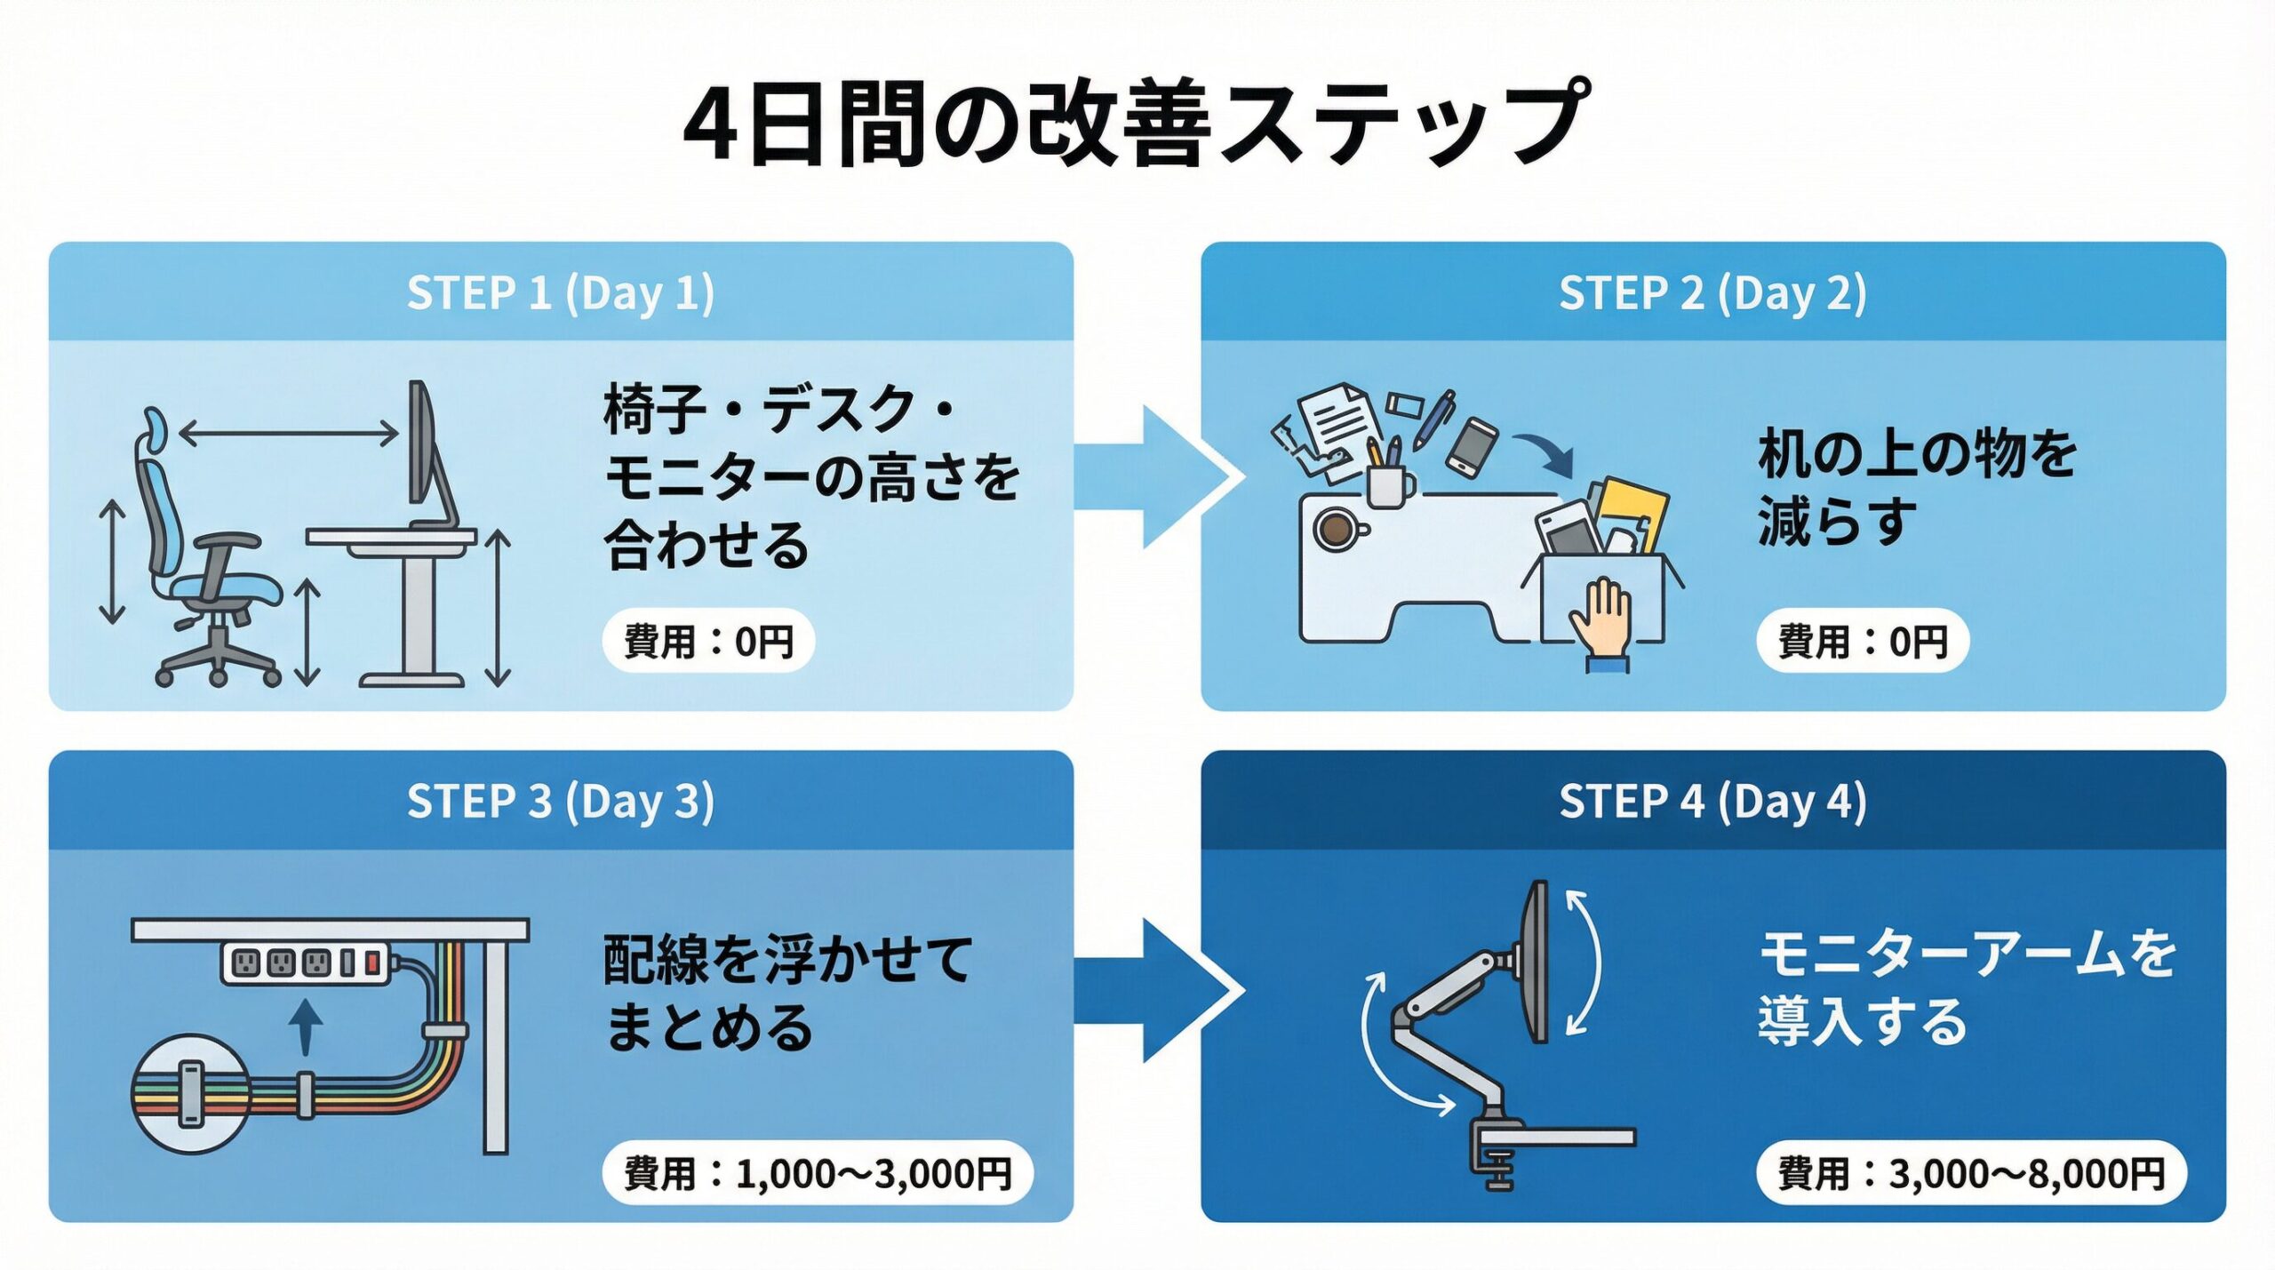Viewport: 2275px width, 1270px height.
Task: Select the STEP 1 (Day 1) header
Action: pyautogui.click(x=561, y=293)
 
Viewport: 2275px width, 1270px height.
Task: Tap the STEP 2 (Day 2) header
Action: pyautogui.click(x=1712, y=293)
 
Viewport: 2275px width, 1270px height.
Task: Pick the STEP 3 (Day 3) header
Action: pyautogui.click(x=561, y=801)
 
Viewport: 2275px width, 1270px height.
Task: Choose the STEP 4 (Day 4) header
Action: pyautogui.click(x=1712, y=801)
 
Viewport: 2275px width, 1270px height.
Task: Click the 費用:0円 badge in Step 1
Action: pyautogui.click(x=708, y=641)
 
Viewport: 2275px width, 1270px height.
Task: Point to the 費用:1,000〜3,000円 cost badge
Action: pyautogui.click(x=818, y=1173)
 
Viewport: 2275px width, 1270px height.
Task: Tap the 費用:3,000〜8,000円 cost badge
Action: pyautogui.click(x=1971, y=1173)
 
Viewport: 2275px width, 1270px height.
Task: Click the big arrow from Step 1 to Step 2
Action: pyautogui.click(x=1155, y=477)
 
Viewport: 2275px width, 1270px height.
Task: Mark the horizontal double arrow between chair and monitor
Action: pyautogui.click(x=289, y=435)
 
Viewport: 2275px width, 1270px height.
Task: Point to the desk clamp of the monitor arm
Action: pyautogui.click(x=1497, y=1155)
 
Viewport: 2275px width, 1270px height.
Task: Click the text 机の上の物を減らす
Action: pyautogui.click(x=1915, y=486)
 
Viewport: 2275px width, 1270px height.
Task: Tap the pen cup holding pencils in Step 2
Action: pyautogui.click(x=1388, y=483)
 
